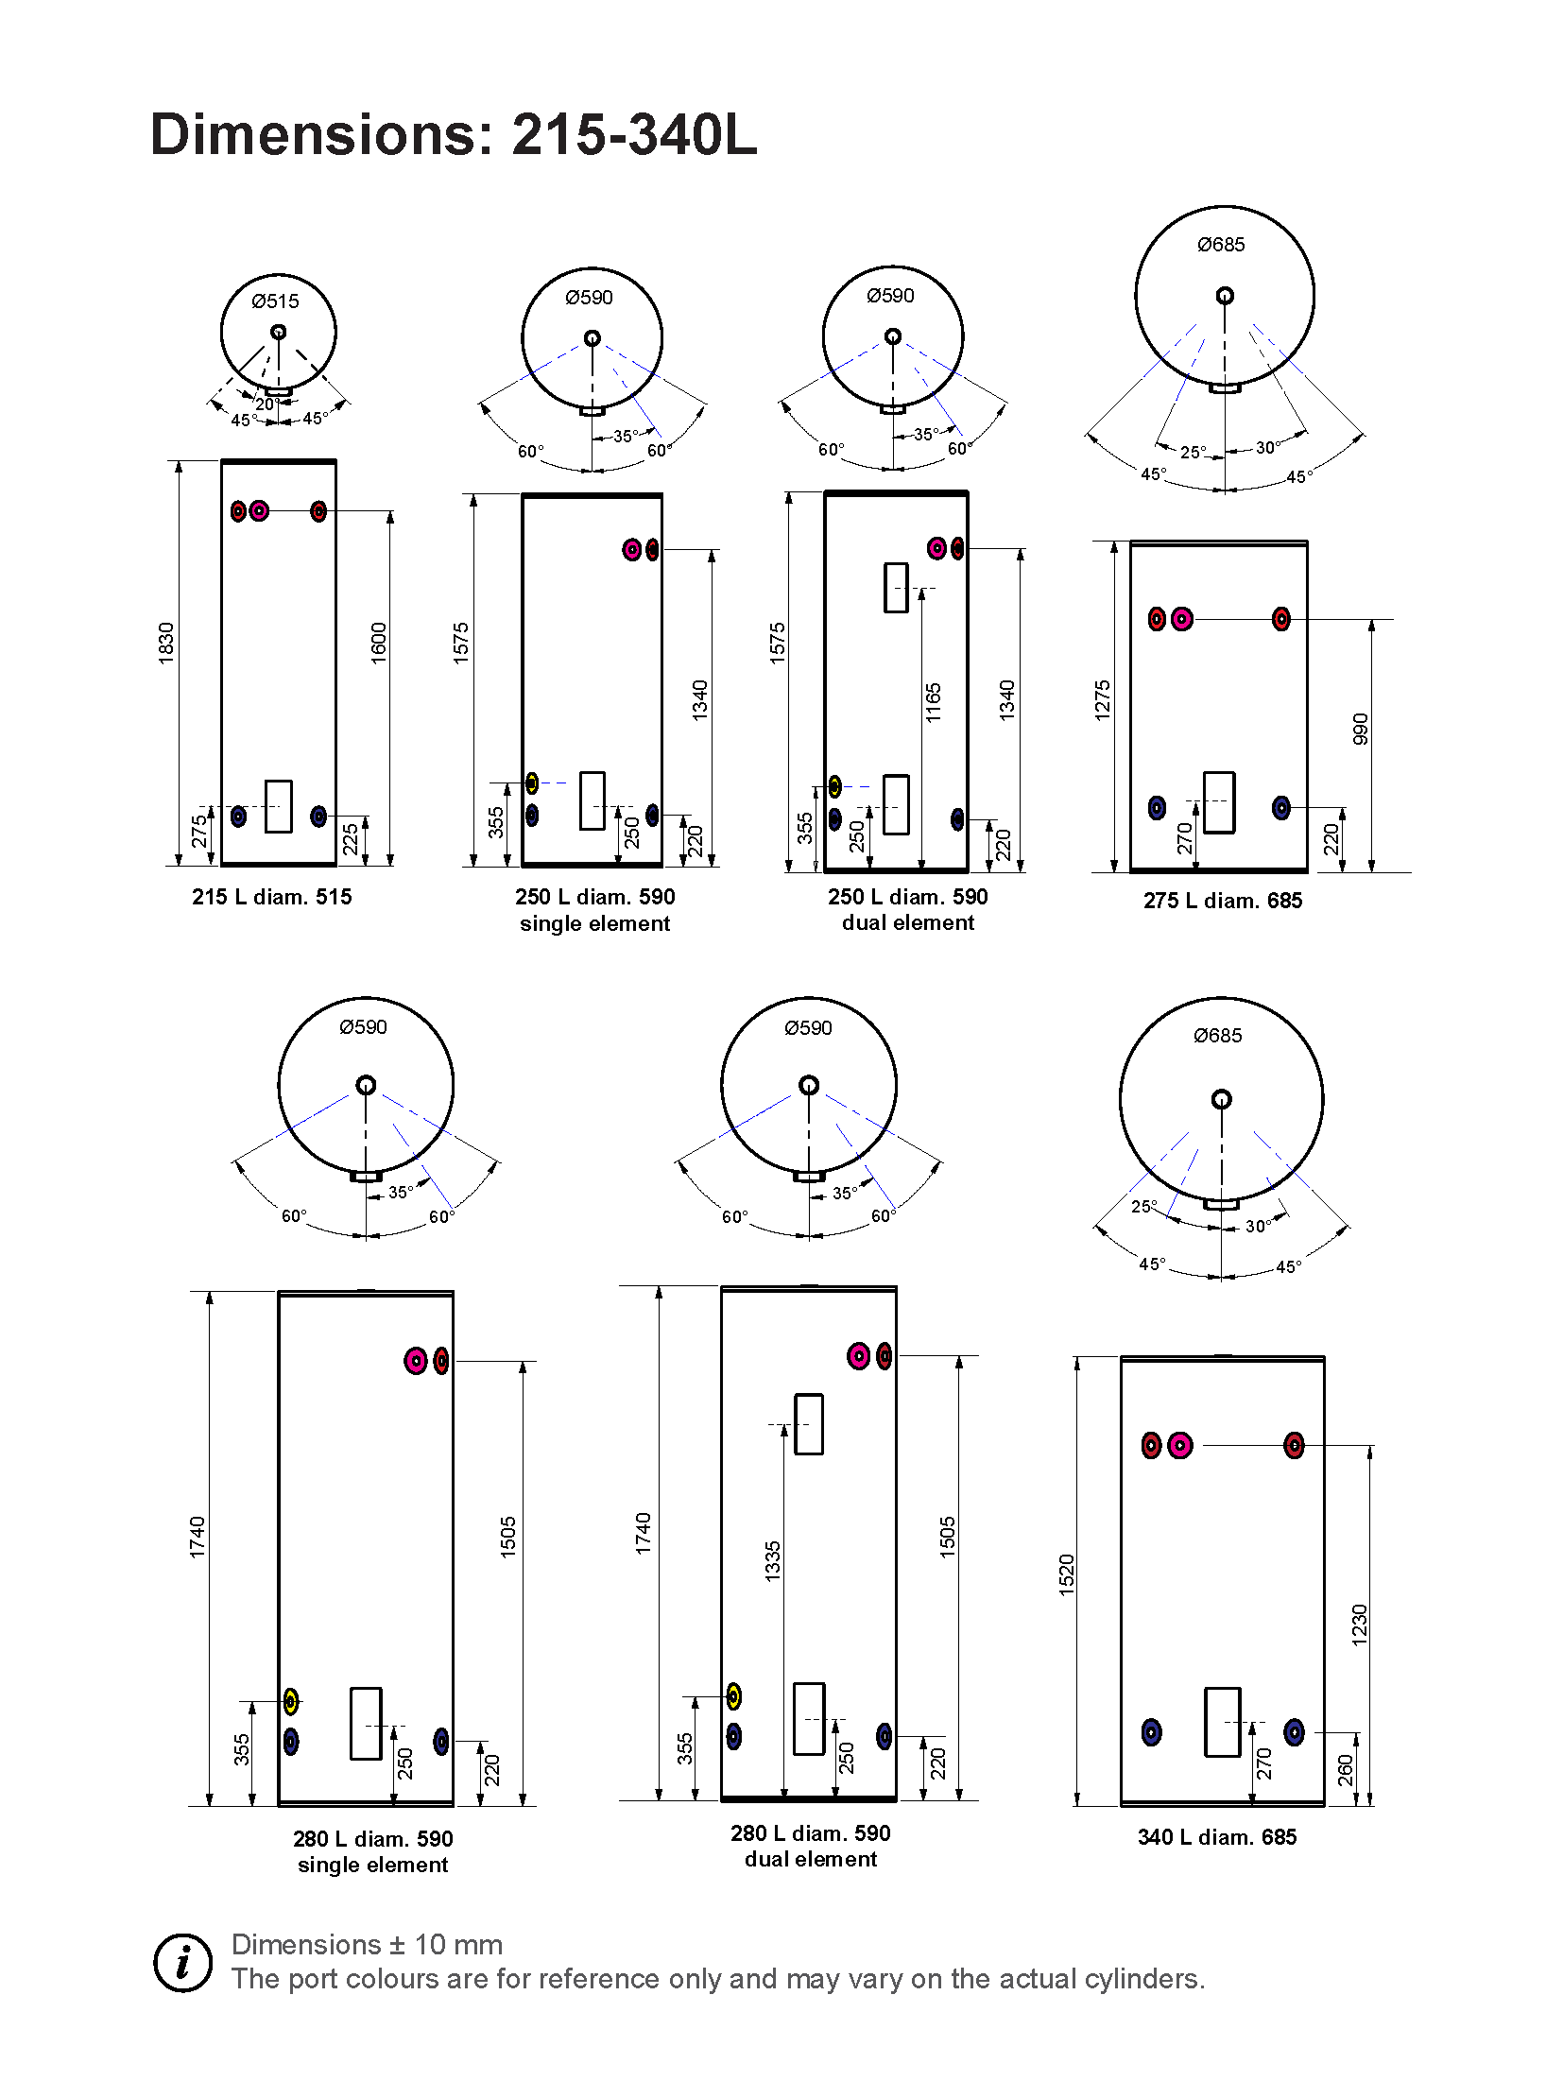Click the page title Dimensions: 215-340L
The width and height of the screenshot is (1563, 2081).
[453, 134]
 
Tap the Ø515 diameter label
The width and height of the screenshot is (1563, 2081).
[275, 301]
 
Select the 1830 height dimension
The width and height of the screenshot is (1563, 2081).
[166, 643]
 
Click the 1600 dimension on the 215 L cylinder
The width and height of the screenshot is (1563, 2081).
[379, 643]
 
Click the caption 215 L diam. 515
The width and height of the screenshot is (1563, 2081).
[271, 897]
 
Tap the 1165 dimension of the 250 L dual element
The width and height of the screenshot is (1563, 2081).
[934, 702]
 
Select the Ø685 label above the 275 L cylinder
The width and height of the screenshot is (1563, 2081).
[1221, 245]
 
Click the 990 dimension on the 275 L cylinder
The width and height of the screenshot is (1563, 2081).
[1361, 729]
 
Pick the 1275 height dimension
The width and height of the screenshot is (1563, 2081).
[1102, 700]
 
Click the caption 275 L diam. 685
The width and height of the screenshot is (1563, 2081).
[1222, 901]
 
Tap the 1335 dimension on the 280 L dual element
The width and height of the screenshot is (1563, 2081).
[773, 1560]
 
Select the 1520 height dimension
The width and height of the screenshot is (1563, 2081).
[1067, 1574]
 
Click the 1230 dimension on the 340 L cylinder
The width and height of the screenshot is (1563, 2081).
[1359, 1625]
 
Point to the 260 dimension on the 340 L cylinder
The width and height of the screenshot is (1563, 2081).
[1346, 1770]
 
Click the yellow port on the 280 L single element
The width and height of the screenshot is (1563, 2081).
[291, 1702]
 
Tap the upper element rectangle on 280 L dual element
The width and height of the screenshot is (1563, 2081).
[809, 1423]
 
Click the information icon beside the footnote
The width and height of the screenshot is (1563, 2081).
[182, 1964]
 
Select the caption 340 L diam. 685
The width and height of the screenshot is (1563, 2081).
[1216, 1837]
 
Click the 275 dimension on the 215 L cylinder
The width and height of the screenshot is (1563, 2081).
[199, 832]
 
